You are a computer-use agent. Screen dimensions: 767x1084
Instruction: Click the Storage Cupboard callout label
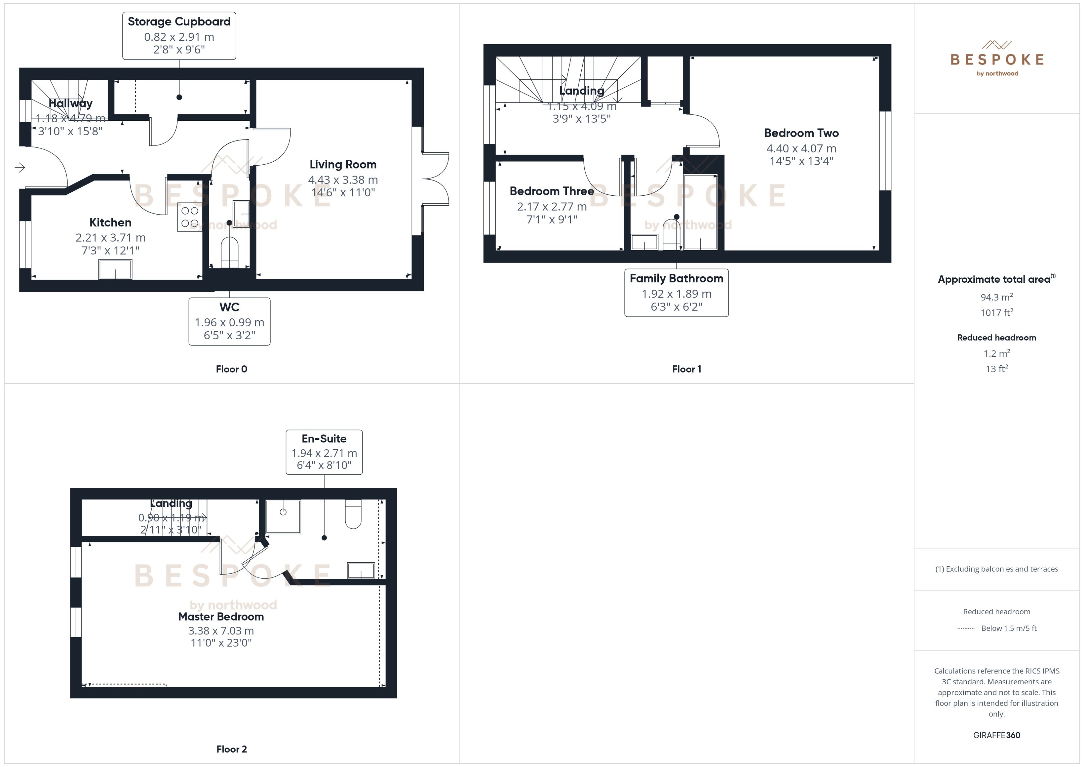pyautogui.click(x=179, y=35)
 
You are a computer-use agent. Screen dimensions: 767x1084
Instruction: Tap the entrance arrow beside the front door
pyautogui.click(x=20, y=167)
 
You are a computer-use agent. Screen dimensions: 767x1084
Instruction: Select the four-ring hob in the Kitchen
pyautogui.click(x=190, y=217)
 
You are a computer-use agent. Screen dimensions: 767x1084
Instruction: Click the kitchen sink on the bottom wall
pyautogui.click(x=115, y=269)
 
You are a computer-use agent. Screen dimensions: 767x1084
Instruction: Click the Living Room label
pyautogui.click(x=343, y=164)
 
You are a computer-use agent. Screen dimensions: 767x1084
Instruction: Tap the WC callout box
pyautogui.click(x=229, y=321)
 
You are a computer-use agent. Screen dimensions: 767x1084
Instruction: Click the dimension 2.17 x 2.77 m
pyautogui.click(x=552, y=207)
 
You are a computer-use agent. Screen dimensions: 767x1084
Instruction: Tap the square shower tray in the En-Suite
pyautogui.click(x=283, y=517)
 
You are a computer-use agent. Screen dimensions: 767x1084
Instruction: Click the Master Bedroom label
pyautogui.click(x=221, y=616)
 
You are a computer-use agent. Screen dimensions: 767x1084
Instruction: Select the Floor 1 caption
pyautogui.click(x=686, y=369)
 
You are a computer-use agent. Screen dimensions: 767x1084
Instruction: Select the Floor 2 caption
pyautogui.click(x=231, y=749)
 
